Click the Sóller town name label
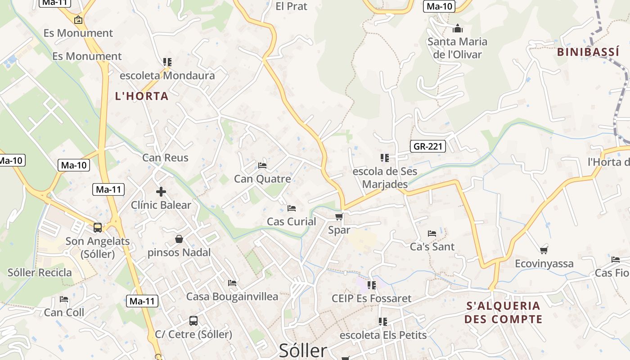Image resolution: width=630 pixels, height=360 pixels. [x=303, y=351]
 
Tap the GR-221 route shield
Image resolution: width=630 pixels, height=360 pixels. [x=427, y=146]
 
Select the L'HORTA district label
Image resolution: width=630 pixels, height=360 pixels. [x=142, y=96]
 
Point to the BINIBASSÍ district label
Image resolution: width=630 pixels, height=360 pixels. [x=588, y=52]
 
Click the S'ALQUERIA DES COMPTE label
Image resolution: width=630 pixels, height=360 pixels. [x=503, y=312]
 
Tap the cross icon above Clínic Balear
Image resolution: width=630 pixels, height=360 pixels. [x=161, y=192]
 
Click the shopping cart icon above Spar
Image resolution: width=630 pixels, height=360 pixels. [x=339, y=217]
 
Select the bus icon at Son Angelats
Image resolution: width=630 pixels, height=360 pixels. [x=98, y=228]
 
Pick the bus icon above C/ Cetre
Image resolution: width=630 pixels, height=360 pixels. [x=193, y=321]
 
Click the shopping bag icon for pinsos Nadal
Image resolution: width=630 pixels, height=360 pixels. [x=179, y=239]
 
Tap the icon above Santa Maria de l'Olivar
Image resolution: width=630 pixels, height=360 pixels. [x=458, y=29]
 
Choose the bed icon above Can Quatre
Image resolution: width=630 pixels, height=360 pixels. [x=263, y=166]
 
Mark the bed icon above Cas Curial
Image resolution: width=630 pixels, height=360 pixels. [x=292, y=208]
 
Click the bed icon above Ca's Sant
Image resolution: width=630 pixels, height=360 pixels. [x=432, y=233]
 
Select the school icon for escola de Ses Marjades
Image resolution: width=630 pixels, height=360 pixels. [x=385, y=157]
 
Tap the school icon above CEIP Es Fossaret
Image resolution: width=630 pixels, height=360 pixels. [x=372, y=285]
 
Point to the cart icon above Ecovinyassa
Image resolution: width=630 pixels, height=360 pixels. [x=544, y=250]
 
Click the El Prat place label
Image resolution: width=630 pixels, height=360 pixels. [x=291, y=6]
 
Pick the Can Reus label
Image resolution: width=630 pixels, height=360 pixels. [x=165, y=157]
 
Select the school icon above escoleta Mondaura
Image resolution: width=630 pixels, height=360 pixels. [x=167, y=62]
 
